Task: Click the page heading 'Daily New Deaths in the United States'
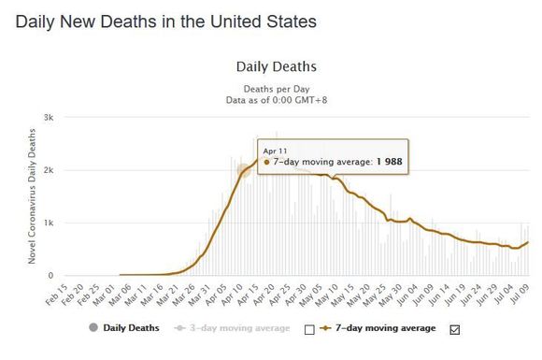[166, 22]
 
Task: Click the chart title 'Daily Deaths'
[277, 66]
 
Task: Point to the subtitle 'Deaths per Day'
[277, 89]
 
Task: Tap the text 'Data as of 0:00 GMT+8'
[277, 100]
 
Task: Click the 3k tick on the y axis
[49, 118]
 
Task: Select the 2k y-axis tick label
[49, 170]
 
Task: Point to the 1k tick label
[49, 223]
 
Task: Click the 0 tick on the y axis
[50, 275]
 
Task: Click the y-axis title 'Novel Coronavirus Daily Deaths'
[32, 196]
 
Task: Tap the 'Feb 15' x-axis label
[57, 295]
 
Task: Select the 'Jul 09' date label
[520, 295]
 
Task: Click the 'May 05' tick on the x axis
[311, 295]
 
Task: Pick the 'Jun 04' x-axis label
[406, 295]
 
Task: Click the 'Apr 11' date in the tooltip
[275, 151]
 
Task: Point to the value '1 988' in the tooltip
[390, 162]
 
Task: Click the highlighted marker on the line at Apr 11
[244, 170]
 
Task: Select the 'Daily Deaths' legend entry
[124, 328]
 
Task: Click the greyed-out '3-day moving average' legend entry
[233, 328]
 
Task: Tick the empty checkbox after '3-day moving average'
[309, 329]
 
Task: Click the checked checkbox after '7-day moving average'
[455, 329]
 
